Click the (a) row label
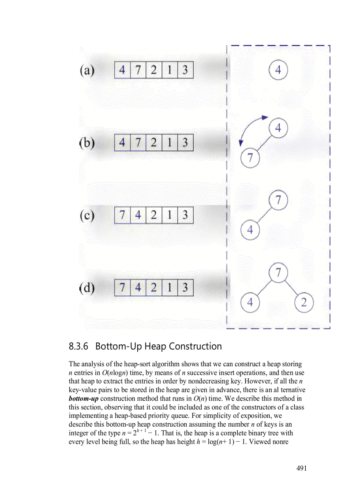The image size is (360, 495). click(87, 71)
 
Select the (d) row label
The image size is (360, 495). click(87, 288)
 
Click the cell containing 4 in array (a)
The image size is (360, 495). click(122, 70)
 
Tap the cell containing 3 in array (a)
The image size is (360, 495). click(185, 70)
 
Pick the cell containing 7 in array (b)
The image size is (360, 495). click(138, 143)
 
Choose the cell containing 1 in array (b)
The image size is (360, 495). click(169, 143)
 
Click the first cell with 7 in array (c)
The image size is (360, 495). click(122, 216)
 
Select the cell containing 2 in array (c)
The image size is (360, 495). click(154, 216)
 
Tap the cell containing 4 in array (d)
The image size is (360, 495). click(138, 288)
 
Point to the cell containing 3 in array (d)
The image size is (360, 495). click(185, 288)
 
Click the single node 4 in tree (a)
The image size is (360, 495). click(278, 71)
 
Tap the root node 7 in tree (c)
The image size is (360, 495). click(278, 201)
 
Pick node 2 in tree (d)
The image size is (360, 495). click(304, 303)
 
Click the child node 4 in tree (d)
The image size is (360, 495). click(250, 303)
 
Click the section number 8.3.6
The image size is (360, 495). click(79, 346)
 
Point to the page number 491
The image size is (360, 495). click(301, 468)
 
